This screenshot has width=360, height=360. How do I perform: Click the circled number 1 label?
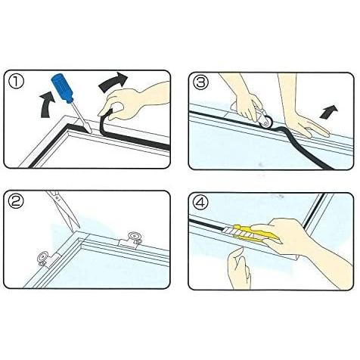point(16,82)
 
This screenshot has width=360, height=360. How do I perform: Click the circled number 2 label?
point(16,201)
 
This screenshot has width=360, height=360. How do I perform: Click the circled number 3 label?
point(200,82)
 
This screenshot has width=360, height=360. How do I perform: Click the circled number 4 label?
point(200,203)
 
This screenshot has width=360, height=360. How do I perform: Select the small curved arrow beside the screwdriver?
point(48,105)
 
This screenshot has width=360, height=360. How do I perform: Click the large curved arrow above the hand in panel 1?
point(113,82)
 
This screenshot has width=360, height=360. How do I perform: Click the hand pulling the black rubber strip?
point(134,101)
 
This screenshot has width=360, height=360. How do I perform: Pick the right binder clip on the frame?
point(131,241)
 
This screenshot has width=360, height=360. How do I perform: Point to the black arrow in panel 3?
point(328,111)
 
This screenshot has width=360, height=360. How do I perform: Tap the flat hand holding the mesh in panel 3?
point(303,111)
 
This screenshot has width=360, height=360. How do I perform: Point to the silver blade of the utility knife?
point(229,230)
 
